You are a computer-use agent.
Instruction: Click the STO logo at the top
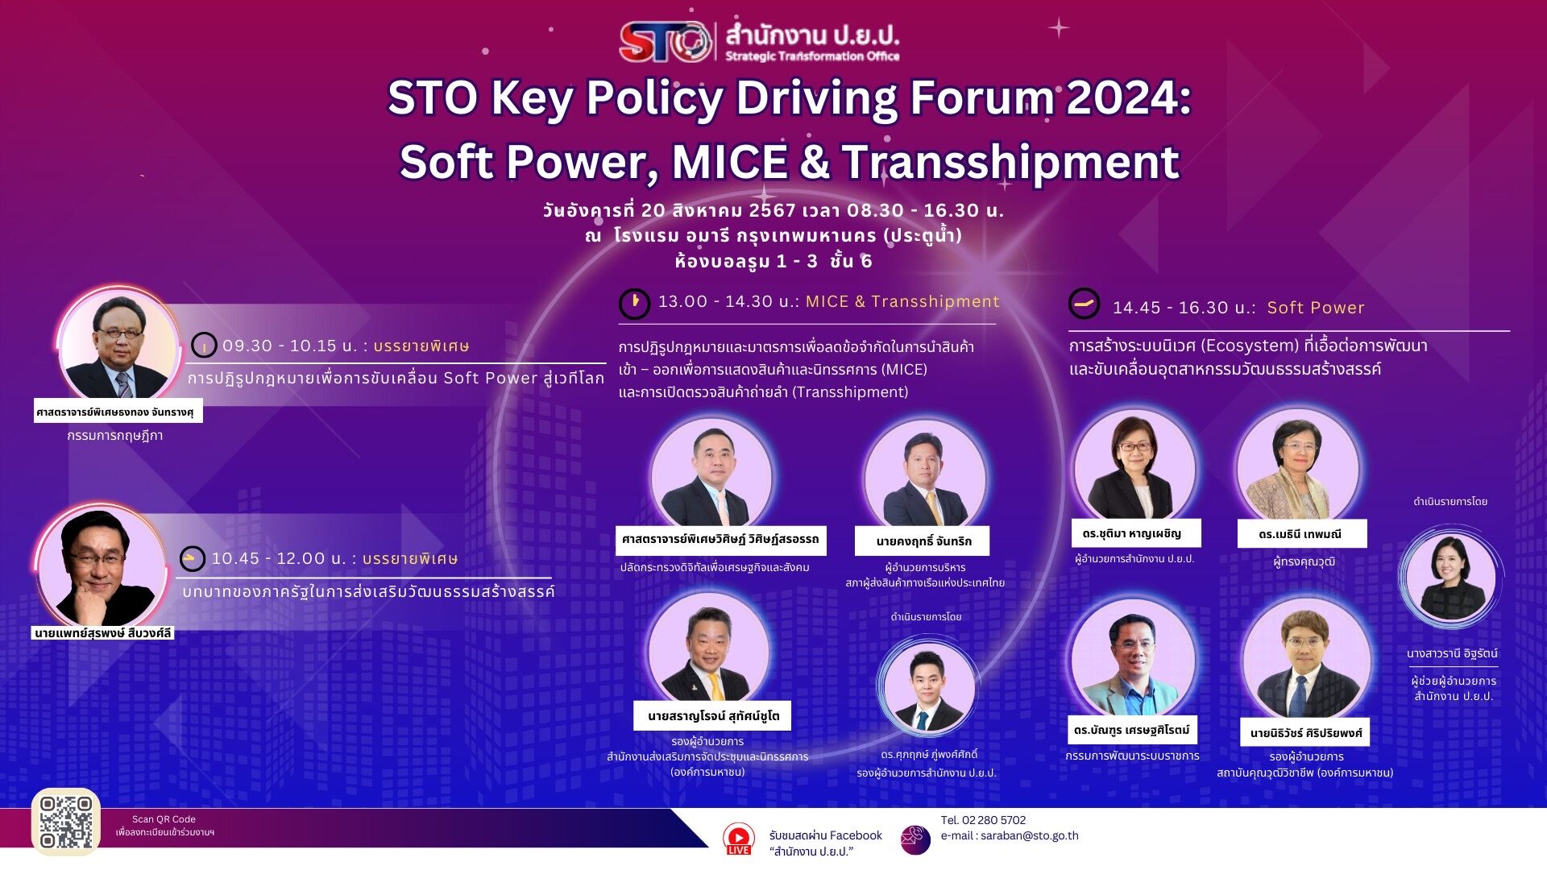(x=666, y=42)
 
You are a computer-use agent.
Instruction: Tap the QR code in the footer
(x=66, y=822)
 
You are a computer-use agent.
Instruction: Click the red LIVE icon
(x=738, y=839)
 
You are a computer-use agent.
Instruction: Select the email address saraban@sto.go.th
(x=1030, y=836)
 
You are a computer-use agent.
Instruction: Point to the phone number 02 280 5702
(x=994, y=820)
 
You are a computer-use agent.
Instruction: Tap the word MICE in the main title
(x=729, y=162)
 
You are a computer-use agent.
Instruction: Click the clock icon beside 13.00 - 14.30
(x=634, y=304)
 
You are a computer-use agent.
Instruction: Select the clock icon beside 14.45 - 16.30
(x=1085, y=304)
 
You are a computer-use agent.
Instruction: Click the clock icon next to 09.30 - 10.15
(x=204, y=346)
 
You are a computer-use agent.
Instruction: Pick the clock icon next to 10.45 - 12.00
(x=192, y=558)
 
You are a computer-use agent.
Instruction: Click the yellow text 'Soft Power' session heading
(x=1316, y=308)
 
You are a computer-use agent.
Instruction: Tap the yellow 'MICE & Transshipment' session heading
(x=902, y=301)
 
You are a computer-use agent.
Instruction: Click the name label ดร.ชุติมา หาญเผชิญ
(x=1132, y=533)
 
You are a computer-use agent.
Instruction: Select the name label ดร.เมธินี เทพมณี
(x=1300, y=534)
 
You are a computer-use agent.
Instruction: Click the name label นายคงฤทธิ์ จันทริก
(x=923, y=541)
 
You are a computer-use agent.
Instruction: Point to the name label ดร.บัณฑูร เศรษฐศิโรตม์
(x=1132, y=730)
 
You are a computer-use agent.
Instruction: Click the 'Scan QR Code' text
(x=164, y=819)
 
